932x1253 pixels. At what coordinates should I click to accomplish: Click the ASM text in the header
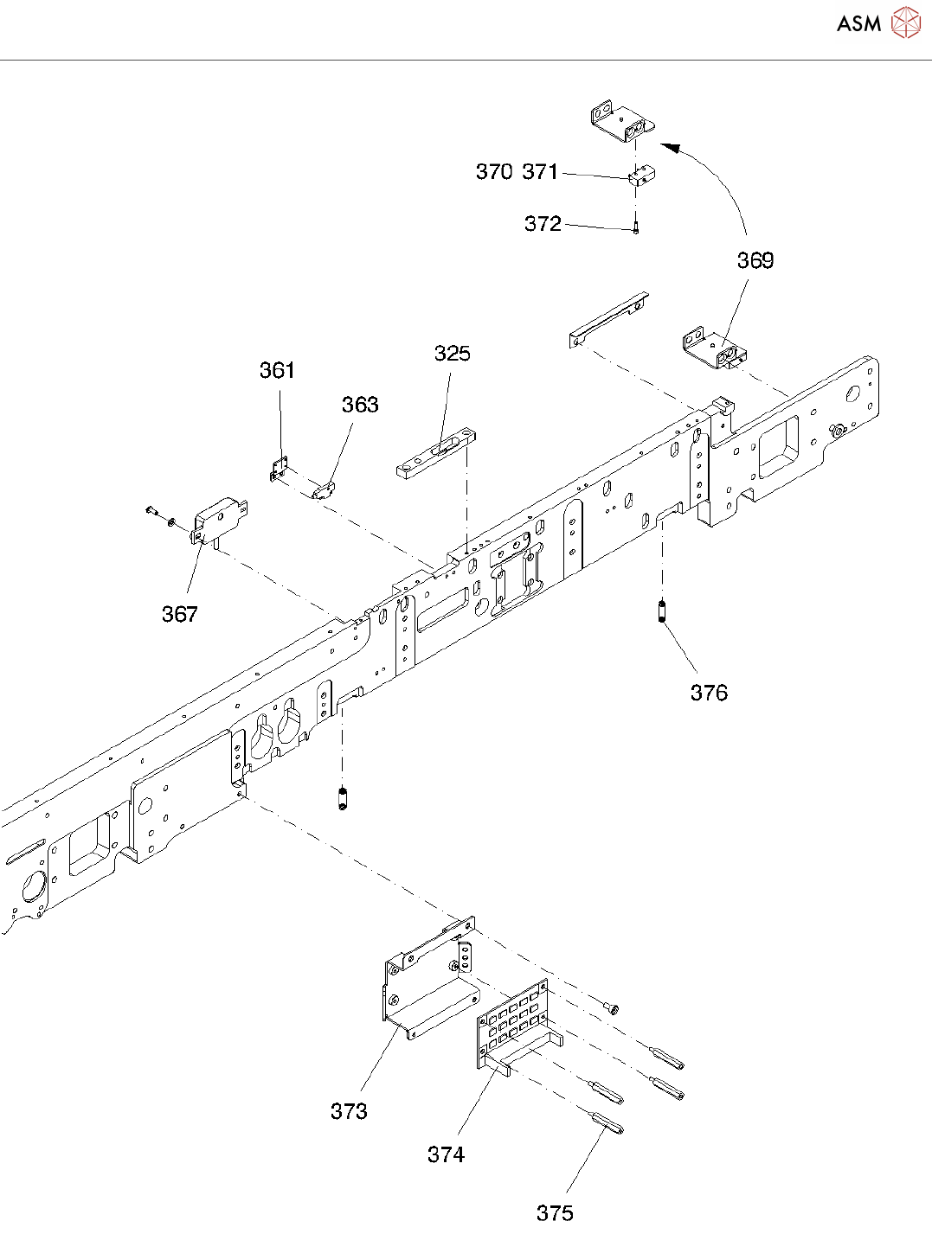coord(858,23)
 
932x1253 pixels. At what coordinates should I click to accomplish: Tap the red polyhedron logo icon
coord(905,22)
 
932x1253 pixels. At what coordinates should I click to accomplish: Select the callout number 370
coord(494,172)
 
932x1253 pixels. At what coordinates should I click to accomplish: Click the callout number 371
coord(540,172)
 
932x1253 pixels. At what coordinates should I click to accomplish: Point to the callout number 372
coord(543,224)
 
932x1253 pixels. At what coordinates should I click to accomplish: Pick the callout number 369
coord(755,260)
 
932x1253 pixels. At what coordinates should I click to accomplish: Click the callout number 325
coord(453,354)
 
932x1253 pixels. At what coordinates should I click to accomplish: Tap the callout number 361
coord(277,371)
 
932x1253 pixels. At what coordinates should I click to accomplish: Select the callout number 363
coord(360,405)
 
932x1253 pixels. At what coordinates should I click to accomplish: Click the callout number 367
coord(180,614)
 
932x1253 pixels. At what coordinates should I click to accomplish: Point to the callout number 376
coord(709,693)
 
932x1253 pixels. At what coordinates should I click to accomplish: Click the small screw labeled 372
coord(636,227)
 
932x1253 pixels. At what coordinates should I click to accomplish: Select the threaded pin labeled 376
coord(661,612)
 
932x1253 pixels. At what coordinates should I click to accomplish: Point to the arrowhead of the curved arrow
coord(668,148)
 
